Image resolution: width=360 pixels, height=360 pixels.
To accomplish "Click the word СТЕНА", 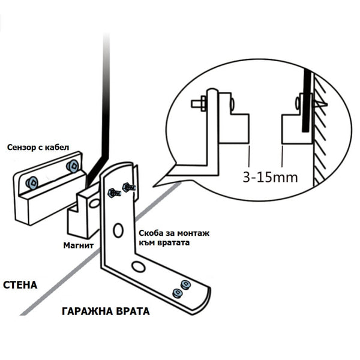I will click(x=20, y=284).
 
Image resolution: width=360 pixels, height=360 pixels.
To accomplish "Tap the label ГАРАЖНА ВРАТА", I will click(x=105, y=312).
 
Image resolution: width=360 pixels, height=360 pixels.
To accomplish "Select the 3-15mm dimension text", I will click(x=270, y=178).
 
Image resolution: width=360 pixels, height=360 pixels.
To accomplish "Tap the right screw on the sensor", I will click(x=73, y=166).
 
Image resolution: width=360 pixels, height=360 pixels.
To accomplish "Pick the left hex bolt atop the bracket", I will click(x=113, y=193).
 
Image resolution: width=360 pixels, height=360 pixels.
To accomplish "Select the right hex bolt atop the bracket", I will click(x=128, y=188).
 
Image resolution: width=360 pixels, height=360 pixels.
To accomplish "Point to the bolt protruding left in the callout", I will click(x=199, y=104).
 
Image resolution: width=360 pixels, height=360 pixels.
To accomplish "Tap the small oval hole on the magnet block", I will click(x=94, y=204).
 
